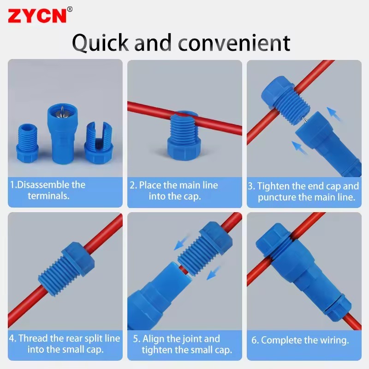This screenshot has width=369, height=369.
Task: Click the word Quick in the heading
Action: click(x=101, y=42)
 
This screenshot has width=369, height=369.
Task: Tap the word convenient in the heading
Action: click(x=234, y=42)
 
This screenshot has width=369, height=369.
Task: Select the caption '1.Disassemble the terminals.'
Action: click(x=48, y=190)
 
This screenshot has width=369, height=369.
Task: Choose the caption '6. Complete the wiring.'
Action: click(x=300, y=341)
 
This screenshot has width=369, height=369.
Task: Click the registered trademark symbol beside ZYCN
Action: click(x=70, y=8)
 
